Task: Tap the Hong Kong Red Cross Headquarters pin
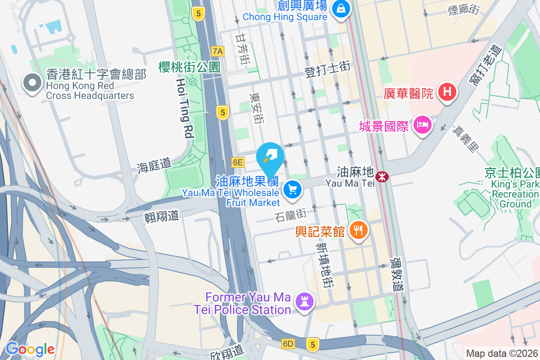pos(32,83)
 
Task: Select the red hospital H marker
pos(447,93)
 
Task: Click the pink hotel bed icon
pos(423,124)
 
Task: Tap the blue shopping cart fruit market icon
pos(293,189)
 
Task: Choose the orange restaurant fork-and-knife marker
pos(358,230)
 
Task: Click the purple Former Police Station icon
pos(304,301)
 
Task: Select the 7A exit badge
pos(218,51)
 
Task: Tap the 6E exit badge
pos(238,162)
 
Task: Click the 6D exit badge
pos(288,344)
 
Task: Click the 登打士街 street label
pos(327,70)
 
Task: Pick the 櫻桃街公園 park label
pos(189,67)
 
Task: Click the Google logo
pos(30,349)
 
